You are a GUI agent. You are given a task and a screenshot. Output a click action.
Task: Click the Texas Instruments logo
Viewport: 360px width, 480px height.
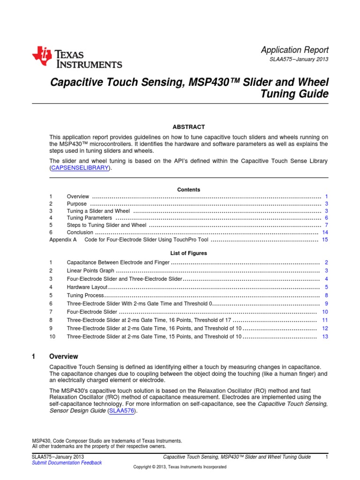(77, 57)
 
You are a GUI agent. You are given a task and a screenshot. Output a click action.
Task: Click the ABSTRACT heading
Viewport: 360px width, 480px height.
(188, 127)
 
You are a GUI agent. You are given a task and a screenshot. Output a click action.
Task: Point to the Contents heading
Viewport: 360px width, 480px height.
(188, 190)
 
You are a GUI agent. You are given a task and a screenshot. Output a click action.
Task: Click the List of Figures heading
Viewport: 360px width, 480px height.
(188, 253)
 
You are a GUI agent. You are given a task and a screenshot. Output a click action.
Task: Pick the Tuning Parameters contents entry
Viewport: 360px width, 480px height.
(90, 218)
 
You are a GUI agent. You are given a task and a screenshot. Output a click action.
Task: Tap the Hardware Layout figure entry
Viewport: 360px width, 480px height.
(87, 287)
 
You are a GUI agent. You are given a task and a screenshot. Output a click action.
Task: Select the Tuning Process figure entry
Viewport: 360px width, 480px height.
(84, 295)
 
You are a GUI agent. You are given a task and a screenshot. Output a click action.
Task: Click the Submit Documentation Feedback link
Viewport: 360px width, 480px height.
(67, 463)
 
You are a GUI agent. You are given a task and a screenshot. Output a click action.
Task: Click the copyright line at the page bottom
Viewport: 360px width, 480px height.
(180, 467)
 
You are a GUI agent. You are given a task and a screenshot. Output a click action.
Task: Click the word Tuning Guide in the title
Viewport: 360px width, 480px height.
(296, 94)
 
